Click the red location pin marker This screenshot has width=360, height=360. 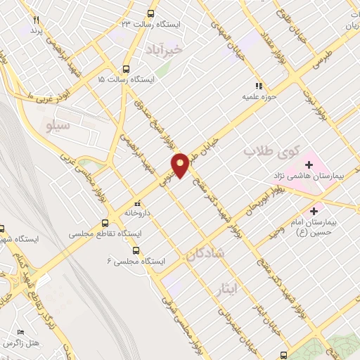(181, 165)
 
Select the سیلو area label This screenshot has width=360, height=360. (58, 126)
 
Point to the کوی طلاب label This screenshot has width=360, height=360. (271, 150)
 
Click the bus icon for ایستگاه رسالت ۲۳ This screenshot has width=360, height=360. (150, 13)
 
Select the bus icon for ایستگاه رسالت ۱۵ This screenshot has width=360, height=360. (126, 70)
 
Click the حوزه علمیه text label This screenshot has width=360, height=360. (257, 94)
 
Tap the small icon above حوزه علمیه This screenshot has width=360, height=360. (258, 83)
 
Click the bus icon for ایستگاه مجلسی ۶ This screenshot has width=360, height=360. (136, 250)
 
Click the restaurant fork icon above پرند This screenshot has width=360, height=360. (37, 20)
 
